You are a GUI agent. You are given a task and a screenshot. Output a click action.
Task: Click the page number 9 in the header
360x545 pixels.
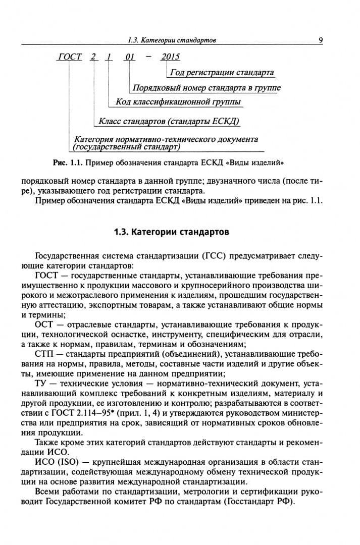tap(321, 40)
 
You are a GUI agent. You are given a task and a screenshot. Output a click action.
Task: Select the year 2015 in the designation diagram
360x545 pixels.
tap(170, 57)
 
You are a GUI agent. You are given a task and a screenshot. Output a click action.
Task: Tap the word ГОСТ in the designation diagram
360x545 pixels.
tap(70, 57)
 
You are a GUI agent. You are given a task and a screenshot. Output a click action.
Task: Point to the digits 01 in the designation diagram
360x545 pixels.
tap(130, 57)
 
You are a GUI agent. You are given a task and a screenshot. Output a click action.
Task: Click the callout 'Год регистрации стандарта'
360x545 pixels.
tap(222, 73)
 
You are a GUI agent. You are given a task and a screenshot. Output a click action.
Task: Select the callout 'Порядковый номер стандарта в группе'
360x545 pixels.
tap(206, 88)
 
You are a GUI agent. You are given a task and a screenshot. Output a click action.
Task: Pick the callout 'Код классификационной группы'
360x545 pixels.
tap(178, 102)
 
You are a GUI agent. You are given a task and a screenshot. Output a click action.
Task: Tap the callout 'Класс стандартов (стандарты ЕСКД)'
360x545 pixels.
tap(169, 122)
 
